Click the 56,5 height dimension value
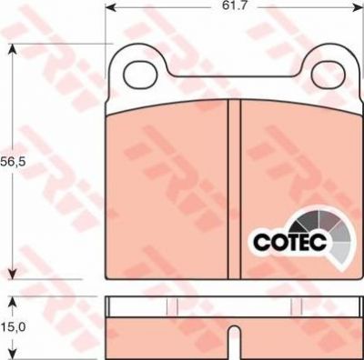[12, 162]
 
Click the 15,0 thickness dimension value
[13, 326]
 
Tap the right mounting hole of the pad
[329, 75]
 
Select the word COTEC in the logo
[289, 242]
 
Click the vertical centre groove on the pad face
[234, 189]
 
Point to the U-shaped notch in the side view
[234, 342]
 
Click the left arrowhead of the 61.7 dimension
[111, 6]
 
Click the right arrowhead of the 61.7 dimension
[358, 6]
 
